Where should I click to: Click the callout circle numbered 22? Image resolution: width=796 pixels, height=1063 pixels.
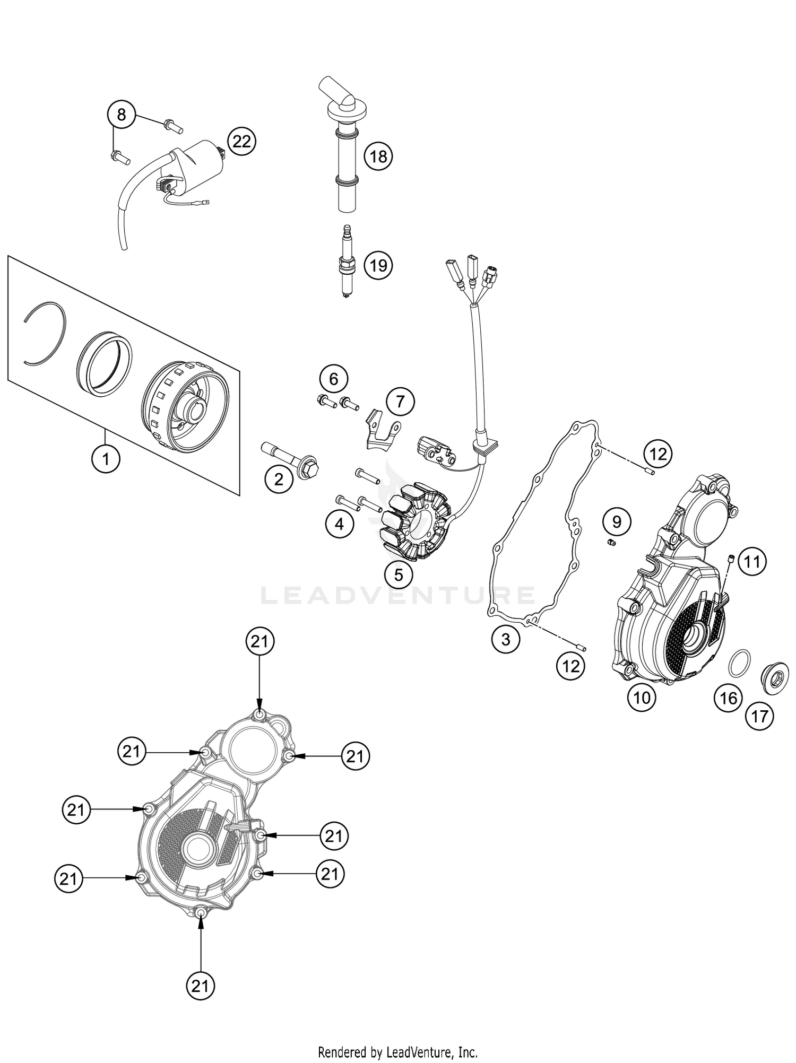[x=241, y=141]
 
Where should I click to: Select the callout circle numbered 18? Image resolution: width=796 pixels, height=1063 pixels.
[x=378, y=156]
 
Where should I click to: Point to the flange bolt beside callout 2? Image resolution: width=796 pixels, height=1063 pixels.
[x=291, y=460]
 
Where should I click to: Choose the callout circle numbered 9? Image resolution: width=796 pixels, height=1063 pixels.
[x=617, y=522]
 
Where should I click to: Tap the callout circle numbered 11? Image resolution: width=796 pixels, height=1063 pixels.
[x=752, y=562]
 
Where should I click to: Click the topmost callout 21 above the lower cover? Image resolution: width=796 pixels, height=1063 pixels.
[x=259, y=642]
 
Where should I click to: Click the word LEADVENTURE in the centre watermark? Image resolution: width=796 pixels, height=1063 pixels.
[x=398, y=595]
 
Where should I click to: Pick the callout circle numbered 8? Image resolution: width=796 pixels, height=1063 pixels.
[x=122, y=114]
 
